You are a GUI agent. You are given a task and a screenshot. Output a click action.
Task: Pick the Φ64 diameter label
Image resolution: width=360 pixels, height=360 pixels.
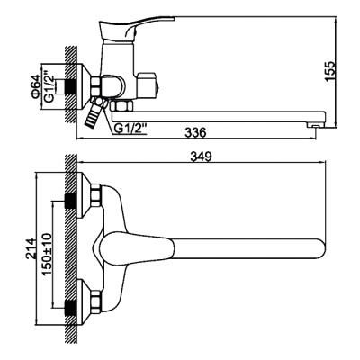34,86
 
